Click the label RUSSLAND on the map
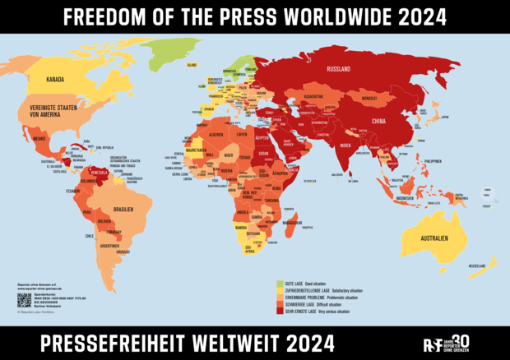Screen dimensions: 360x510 [x=340, y=69]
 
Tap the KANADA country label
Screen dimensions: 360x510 [x=55, y=79]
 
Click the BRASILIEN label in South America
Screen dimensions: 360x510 [x=123, y=208]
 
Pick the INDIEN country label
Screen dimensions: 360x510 [x=345, y=145]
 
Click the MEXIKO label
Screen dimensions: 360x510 [x=38, y=140]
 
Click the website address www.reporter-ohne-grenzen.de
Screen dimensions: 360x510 [x=42, y=288]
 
